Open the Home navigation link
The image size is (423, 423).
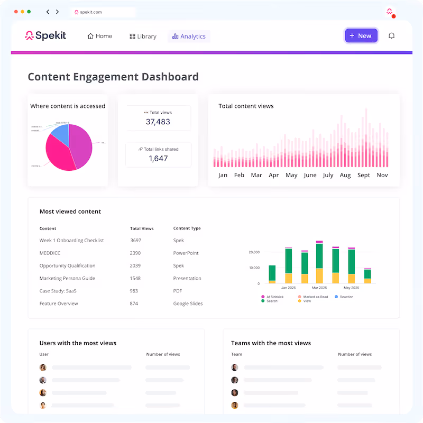100,36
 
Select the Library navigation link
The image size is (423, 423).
143,36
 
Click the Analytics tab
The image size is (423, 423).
189,36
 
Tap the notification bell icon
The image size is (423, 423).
392,36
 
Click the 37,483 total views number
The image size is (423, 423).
158,122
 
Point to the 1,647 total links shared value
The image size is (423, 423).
158,158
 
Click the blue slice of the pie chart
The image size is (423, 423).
60,134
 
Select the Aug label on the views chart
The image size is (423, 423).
345,176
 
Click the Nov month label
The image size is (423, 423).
381,176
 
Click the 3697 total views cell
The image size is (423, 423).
136,241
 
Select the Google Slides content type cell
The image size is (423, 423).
188,304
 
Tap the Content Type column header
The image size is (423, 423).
187,228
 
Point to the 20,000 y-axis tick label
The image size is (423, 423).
254,252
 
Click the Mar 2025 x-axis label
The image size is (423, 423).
319,288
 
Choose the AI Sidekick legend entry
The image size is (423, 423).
274,297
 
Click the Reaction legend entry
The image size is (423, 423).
346,297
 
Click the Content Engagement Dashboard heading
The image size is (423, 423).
113,77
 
